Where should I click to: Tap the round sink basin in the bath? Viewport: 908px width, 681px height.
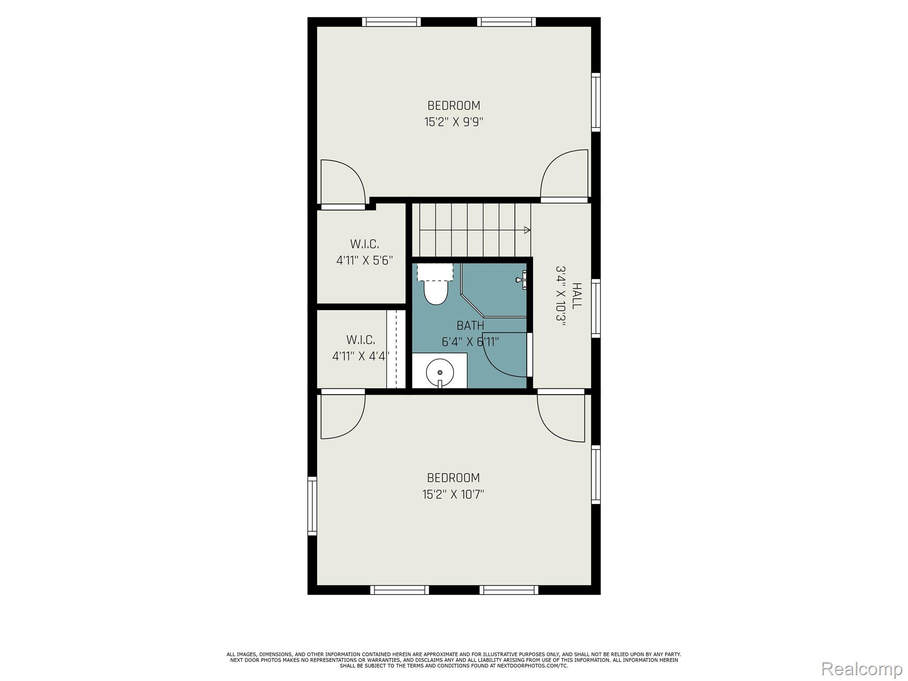[x=440, y=372]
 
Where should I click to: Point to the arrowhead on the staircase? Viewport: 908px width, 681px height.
[x=527, y=230]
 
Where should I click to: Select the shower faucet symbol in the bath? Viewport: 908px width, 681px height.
[x=521, y=280]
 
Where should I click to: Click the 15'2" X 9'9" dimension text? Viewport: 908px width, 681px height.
[x=454, y=122]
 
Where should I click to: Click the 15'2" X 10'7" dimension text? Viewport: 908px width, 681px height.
[x=453, y=494]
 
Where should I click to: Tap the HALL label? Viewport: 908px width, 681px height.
[x=576, y=296]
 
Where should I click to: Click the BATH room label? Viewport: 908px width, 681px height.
[x=470, y=326]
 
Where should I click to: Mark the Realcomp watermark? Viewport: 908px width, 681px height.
[x=861, y=669]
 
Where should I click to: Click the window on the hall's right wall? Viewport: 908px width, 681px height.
[x=596, y=308]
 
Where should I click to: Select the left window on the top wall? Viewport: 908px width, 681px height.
[x=391, y=22]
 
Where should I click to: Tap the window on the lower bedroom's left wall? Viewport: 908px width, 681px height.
[x=312, y=506]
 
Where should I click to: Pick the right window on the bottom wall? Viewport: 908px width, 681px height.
[x=509, y=590]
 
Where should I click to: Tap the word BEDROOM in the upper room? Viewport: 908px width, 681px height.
[x=454, y=106]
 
